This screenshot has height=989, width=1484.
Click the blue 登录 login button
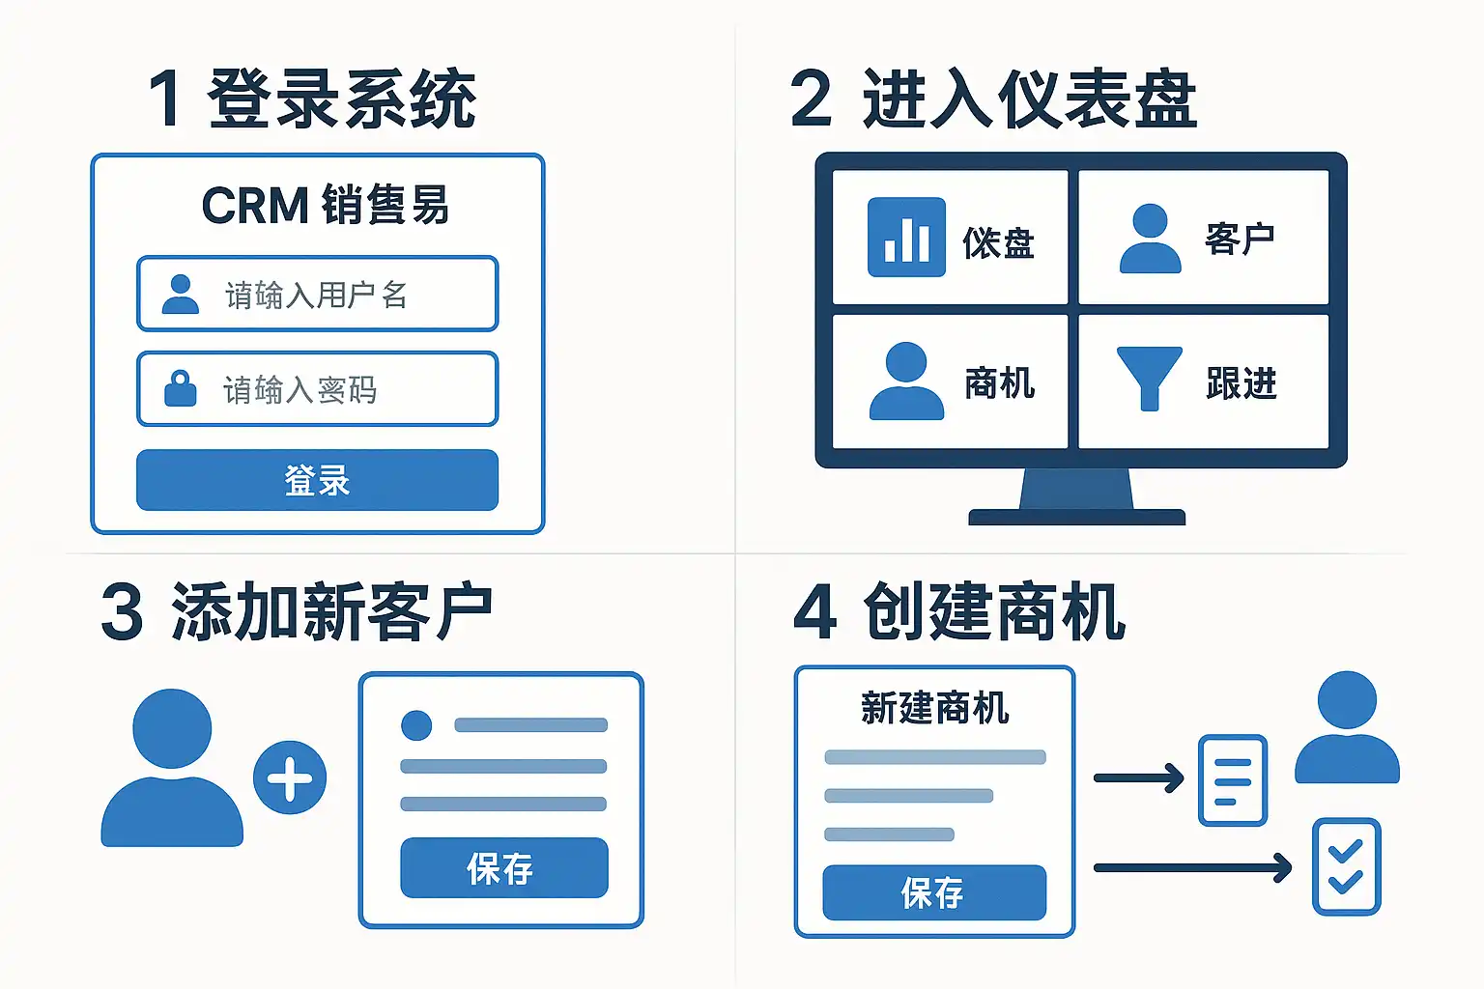tap(317, 480)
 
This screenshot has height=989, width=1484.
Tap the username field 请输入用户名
tap(317, 294)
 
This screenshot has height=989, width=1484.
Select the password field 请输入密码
tap(317, 389)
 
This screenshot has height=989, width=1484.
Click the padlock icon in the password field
tap(181, 388)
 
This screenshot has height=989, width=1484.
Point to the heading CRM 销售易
tap(326, 205)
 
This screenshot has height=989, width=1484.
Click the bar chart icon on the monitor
tap(906, 238)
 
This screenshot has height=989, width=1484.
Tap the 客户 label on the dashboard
tap(1240, 239)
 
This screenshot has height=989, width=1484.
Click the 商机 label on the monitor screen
tap(999, 383)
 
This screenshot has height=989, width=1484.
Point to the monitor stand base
tap(1076, 517)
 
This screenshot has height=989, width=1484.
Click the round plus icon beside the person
tap(290, 777)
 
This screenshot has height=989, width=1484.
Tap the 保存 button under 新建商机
tap(934, 892)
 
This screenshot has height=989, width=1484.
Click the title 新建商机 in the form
tap(934, 708)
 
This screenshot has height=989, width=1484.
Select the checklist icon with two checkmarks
tap(1346, 866)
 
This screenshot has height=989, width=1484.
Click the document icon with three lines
tap(1232, 780)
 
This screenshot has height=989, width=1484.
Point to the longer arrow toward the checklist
tap(1192, 867)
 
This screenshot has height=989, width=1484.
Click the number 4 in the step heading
tap(814, 612)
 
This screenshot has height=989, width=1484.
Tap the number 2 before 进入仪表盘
tap(811, 99)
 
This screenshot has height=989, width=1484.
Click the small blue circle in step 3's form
tap(416, 724)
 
